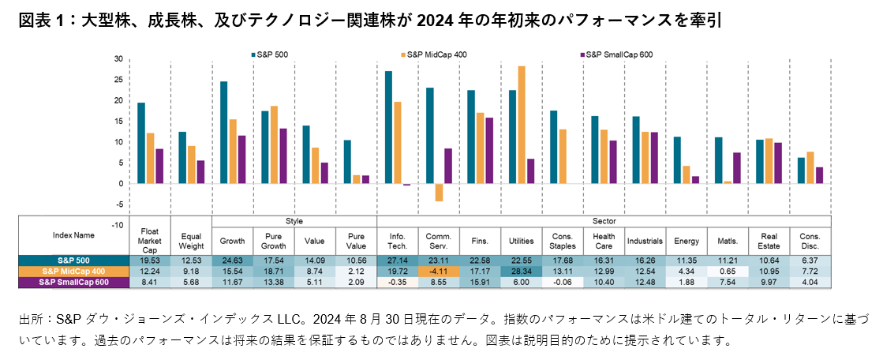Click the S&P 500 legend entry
(x=271, y=54)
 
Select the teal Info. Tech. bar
(x=388, y=127)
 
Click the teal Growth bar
(x=223, y=133)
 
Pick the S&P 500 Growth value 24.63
(x=233, y=260)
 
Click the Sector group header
(x=604, y=222)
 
